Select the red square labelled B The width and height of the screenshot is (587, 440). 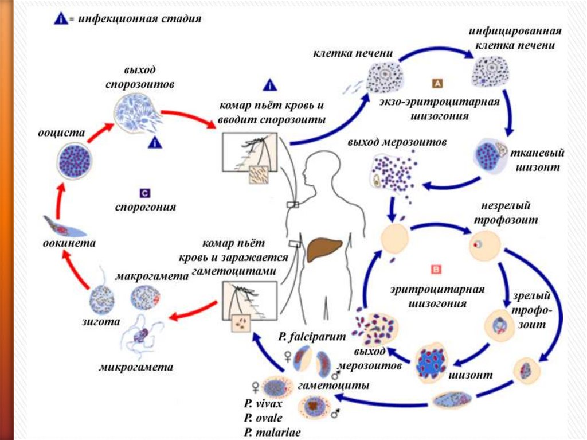point(435,268)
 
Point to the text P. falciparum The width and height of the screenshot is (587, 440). point(305,336)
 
